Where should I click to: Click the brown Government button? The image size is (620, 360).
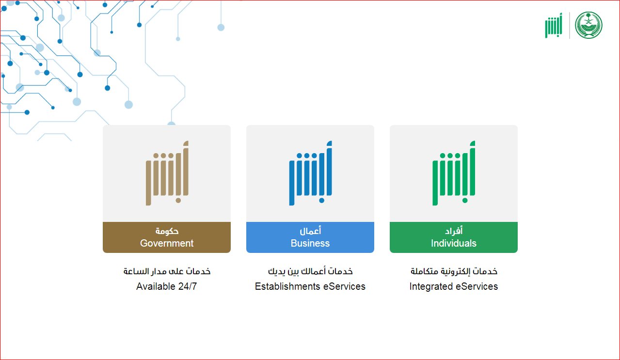[167, 237]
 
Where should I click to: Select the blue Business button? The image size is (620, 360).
[310, 237]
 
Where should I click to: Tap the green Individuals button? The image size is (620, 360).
[454, 237]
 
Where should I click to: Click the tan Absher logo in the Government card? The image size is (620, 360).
[167, 173]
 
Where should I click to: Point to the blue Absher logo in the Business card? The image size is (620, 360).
[311, 173]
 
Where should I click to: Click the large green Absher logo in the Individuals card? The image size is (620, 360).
[454, 173]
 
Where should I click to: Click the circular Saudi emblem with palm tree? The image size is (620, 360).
[588, 25]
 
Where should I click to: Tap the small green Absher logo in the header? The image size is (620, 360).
[554, 25]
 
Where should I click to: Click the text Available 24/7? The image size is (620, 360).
[167, 286]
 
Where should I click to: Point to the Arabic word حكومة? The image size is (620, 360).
[167, 231]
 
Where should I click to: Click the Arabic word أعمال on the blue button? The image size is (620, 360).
[310, 231]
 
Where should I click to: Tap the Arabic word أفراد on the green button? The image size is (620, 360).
[454, 231]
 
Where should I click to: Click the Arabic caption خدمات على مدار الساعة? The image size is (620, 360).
[167, 271]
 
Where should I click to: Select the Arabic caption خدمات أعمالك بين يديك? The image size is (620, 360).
[310, 271]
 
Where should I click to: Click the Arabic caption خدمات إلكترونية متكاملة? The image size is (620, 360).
[454, 271]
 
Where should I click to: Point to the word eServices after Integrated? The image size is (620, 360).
[477, 286]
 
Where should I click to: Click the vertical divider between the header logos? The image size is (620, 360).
[570, 25]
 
